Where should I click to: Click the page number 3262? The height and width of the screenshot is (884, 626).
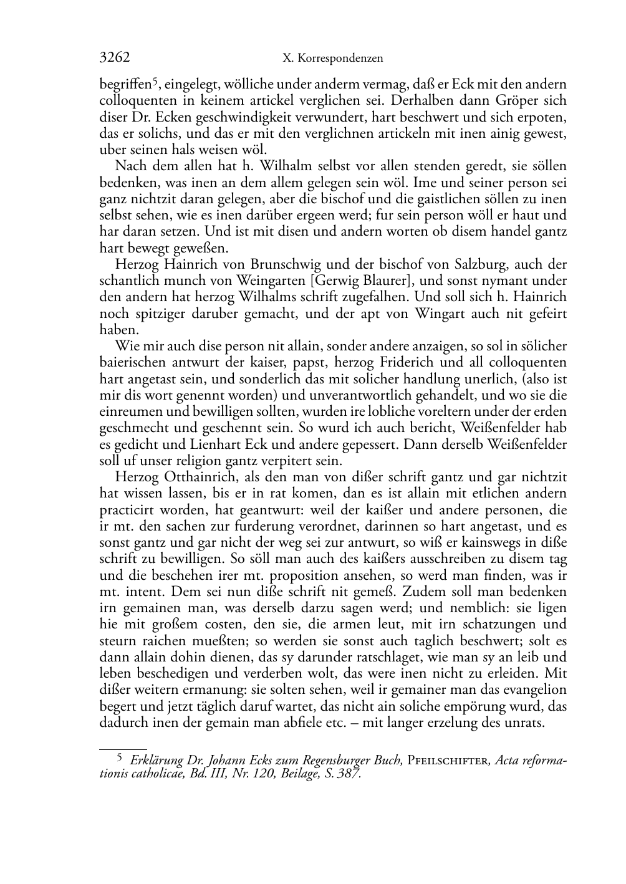coord(115,58)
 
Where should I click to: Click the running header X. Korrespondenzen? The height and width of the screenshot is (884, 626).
coord(332,59)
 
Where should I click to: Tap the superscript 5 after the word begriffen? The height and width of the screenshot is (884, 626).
coord(158,80)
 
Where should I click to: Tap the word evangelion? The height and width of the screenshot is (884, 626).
coord(534,689)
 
